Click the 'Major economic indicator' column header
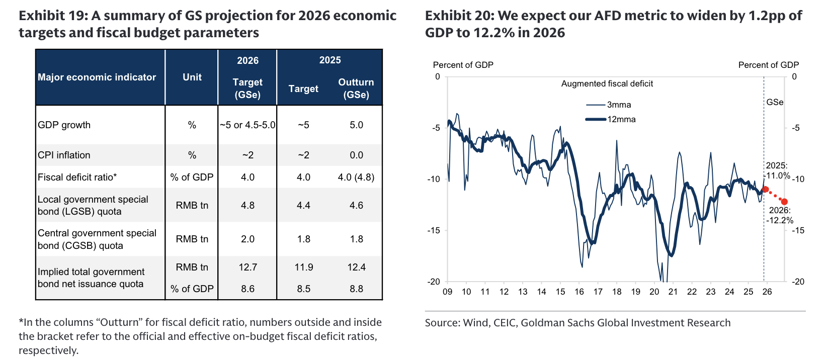pos(97,77)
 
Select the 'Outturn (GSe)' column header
pos(356,88)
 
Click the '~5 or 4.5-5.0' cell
pos(247,125)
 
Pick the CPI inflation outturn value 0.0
pos(356,155)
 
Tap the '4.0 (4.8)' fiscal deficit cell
pos(356,177)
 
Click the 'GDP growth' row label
pos(64,125)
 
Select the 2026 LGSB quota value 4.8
pos(247,206)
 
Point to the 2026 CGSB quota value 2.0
pos(247,239)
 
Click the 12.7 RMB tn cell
pos(247,267)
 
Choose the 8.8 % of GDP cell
pos(356,289)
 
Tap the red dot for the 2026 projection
pos(784,202)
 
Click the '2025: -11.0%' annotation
pos(777,171)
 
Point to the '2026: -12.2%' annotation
pos(780,215)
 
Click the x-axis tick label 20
pos(654,292)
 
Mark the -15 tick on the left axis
pos(434,231)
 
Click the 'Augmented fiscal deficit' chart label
pos(607,84)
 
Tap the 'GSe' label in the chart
pos(775,103)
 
